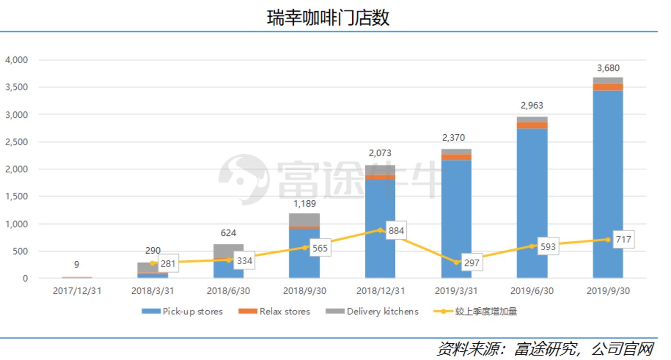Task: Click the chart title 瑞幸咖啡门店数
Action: [x=328, y=18]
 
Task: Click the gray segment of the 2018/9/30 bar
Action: [x=304, y=220]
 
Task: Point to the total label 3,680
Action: [x=608, y=68]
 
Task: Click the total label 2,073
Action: [x=380, y=153]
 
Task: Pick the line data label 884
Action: [x=396, y=231]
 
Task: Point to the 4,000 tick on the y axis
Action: [x=17, y=60]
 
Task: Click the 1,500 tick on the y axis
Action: [x=17, y=197]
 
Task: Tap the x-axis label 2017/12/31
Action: [x=77, y=290]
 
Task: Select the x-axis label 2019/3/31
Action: [x=456, y=290]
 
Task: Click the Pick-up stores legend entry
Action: [x=182, y=312]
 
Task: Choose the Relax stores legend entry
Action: [x=274, y=312]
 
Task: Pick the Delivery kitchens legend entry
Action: [x=372, y=312]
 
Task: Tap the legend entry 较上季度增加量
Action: [x=475, y=312]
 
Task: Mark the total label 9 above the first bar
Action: [x=77, y=264]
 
